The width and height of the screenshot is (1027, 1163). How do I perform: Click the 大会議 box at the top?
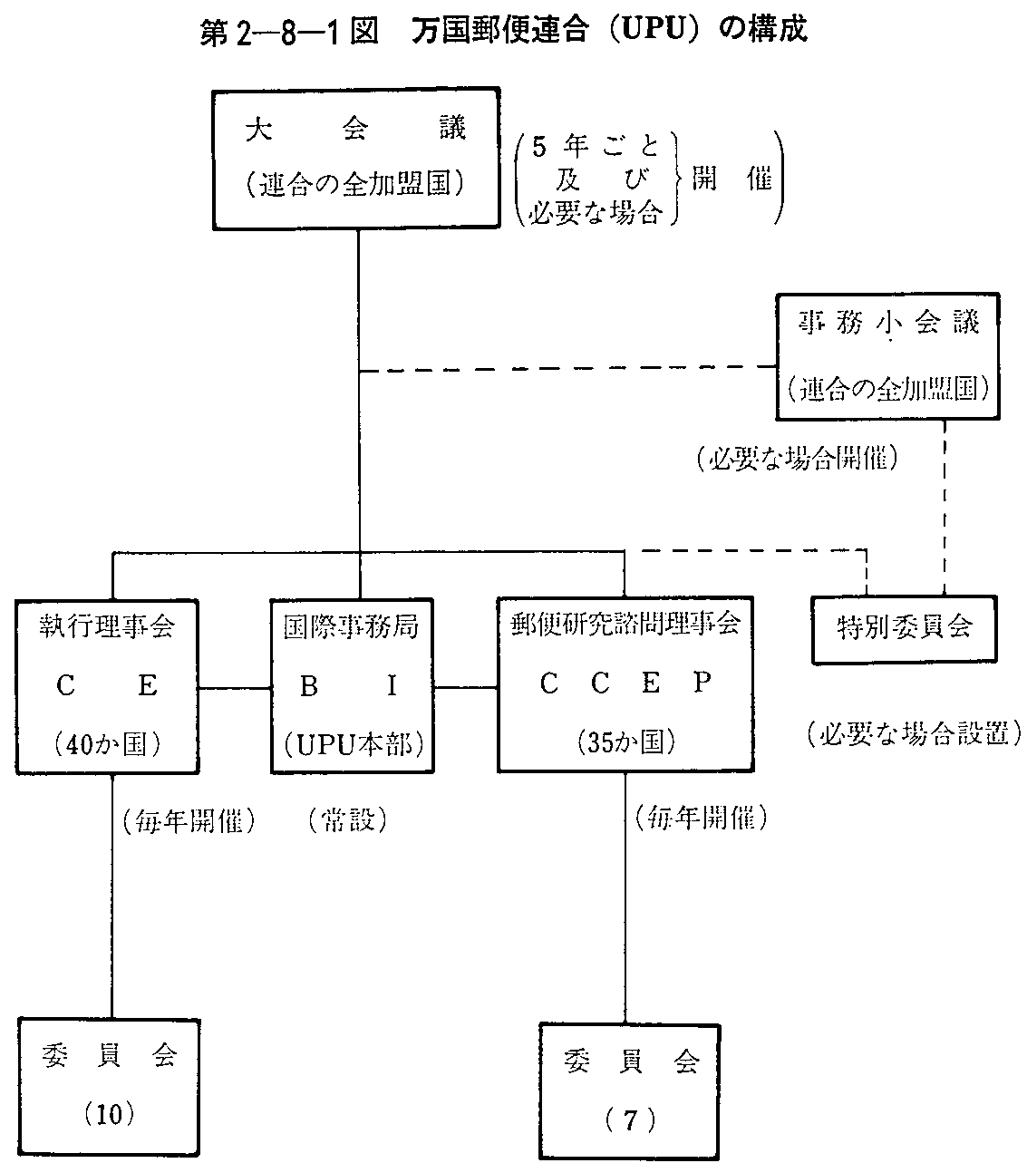click(x=357, y=158)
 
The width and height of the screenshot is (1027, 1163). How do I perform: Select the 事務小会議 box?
click(x=889, y=355)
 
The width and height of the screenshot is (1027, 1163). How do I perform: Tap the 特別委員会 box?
click(x=904, y=628)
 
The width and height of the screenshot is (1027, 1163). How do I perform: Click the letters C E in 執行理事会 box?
click(x=107, y=686)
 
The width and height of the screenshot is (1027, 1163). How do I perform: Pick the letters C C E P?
click(x=625, y=684)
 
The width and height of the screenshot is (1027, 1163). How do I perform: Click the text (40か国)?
click(x=107, y=743)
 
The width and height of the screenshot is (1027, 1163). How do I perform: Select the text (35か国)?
click(x=625, y=742)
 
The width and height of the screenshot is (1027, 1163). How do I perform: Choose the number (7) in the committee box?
click(x=630, y=1120)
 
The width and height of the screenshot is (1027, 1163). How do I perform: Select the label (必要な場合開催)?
click(x=798, y=459)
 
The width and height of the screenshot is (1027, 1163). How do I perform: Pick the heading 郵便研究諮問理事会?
click(x=625, y=625)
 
